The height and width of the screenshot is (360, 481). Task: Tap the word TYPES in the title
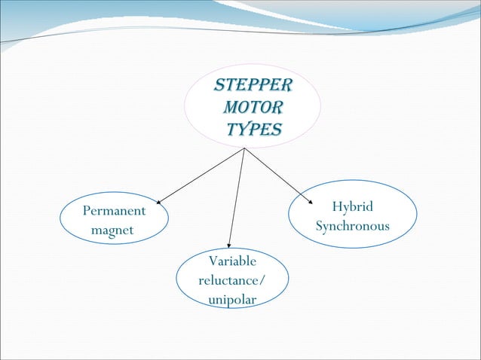click(x=253, y=130)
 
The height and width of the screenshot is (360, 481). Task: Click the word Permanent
click(x=114, y=211)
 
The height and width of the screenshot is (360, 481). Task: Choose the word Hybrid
click(x=353, y=207)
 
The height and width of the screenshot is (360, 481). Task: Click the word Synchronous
click(x=353, y=226)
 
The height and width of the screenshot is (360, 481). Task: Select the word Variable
click(x=231, y=261)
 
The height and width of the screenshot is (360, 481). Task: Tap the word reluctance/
click(x=231, y=281)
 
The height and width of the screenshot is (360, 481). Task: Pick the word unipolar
click(x=231, y=300)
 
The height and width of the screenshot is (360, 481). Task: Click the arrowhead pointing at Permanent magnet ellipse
click(x=159, y=202)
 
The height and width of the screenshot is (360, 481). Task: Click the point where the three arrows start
click(x=244, y=148)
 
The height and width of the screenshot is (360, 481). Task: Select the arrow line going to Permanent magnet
click(x=201, y=175)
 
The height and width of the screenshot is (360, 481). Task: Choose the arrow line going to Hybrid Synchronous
click(x=277, y=175)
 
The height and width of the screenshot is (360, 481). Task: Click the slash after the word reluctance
click(x=262, y=281)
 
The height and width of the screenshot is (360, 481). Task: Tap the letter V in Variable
click(x=211, y=261)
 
